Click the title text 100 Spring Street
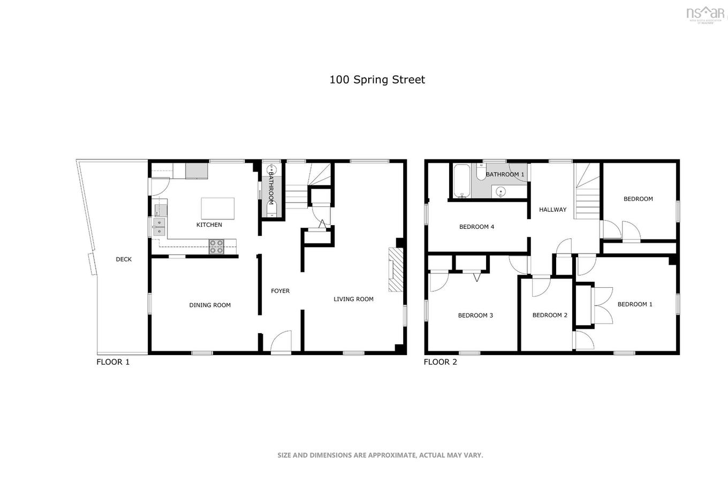coord(377,80)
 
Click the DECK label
coord(124,259)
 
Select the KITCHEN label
coord(209,225)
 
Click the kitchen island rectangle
coord(217,208)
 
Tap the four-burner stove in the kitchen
coord(216,247)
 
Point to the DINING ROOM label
coord(210,305)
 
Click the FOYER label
coord(280,291)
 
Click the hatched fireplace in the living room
coord(395,270)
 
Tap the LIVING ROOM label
coord(353,299)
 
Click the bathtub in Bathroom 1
coord(461,181)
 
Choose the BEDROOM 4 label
coord(476,227)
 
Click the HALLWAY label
coord(552,210)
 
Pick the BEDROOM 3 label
coord(475,315)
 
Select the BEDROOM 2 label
coord(550,315)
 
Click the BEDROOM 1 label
coord(635,304)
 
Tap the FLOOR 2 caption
coord(440,362)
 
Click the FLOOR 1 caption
coord(113,362)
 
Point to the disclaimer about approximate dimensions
coord(380,455)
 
